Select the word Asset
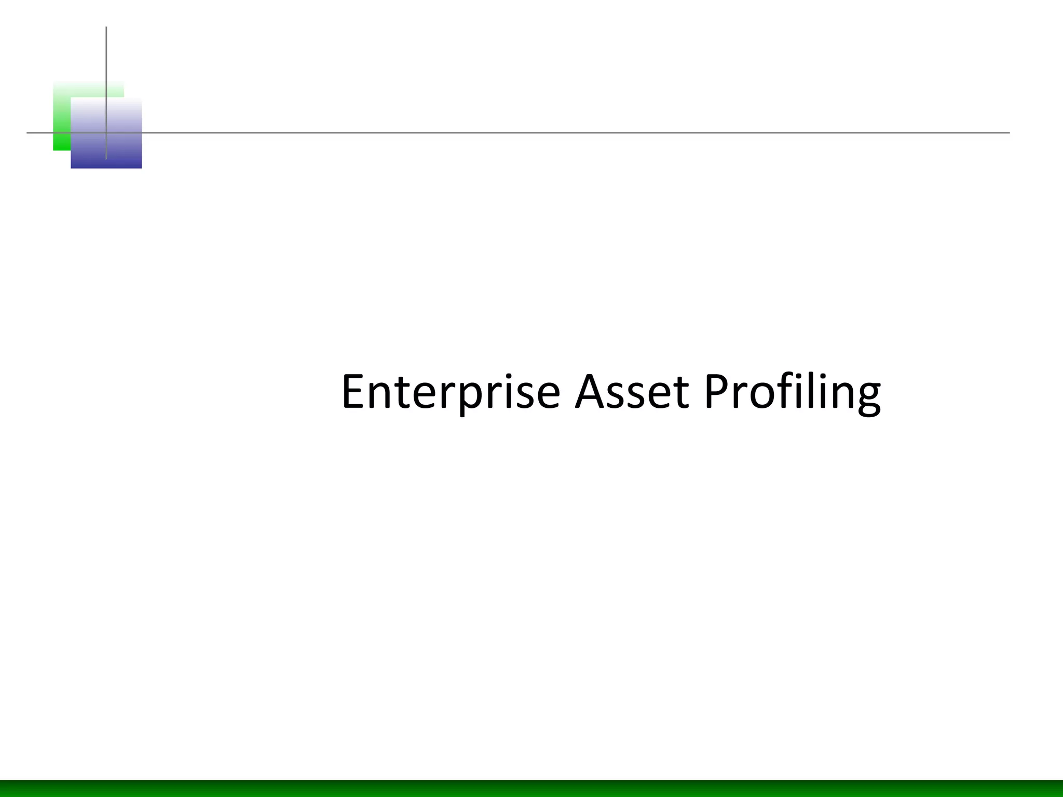(632, 392)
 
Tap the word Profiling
(792, 392)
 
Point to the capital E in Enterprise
(353, 392)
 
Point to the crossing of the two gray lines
(106, 133)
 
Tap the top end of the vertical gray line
(106, 28)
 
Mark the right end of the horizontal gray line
(1008, 133)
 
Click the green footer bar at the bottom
(531, 788)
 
